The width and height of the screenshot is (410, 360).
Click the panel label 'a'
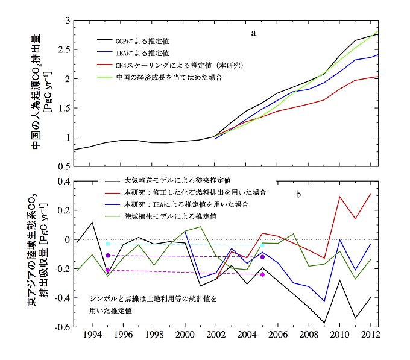pyautogui.click(x=254, y=33)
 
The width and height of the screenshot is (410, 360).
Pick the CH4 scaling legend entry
pyautogui.click(x=172, y=66)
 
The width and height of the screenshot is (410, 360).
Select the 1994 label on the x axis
pyautogui.click(x=92, y=335)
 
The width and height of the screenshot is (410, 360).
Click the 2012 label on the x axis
pyautogui.click(x=368, y=335)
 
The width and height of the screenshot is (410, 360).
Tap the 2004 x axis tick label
pyautogui.click(x=245, y=335)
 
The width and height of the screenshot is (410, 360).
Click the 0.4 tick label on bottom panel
pyautogui.click(x=63, y=181)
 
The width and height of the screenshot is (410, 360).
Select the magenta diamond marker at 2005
pyautogui.click(x=262, y=274)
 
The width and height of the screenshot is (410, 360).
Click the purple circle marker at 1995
pyautogui.click(x=108, y=256)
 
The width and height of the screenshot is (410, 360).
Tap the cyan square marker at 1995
pyautogui.click(x=108, y=244)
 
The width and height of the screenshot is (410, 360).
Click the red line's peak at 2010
pyautogui.click(x=339, y=197)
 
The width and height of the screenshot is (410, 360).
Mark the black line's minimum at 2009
pyautogui.click(x=324, y=323)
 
